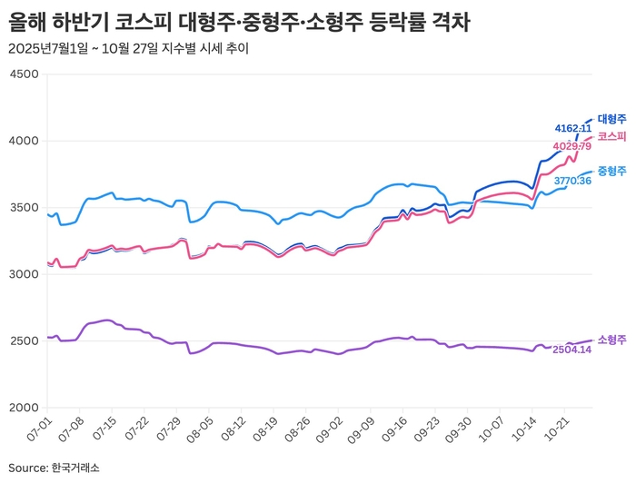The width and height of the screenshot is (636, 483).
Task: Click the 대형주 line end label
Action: click(611, 119)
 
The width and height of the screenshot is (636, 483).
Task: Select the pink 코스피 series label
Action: click(611, 136)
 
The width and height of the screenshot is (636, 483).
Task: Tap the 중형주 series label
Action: click(611, 171)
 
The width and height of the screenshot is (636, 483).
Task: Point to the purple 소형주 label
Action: click(611, 340)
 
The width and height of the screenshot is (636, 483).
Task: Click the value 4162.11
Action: click(572, 128)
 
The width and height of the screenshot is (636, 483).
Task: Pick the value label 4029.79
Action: click(571, 146)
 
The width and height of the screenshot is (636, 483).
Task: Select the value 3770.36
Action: click(572, 181)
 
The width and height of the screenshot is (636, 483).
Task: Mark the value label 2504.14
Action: click(572, 350)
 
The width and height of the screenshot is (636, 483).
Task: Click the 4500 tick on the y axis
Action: click(23, 74)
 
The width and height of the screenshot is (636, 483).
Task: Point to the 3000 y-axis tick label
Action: click(23, 274)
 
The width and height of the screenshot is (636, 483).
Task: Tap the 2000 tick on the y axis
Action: click(23, 408)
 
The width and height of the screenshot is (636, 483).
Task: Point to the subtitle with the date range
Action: click(127, 48)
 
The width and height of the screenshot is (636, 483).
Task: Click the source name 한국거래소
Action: click(75, 468)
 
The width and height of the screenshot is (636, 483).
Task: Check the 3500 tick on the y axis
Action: click(23, 208)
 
